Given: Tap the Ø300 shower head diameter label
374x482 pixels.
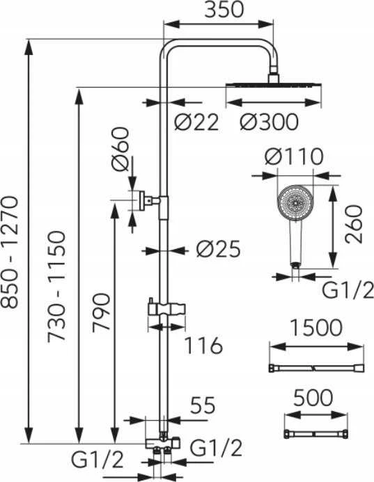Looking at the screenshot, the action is [269, 122].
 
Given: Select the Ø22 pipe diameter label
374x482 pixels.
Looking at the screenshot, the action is [196, 122].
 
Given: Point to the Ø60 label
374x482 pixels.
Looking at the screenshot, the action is [120, 149].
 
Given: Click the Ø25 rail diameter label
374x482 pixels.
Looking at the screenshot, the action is [218, 249].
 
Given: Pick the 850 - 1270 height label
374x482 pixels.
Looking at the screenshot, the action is [10, 252].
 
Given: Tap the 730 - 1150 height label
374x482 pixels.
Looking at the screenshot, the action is [56, 286].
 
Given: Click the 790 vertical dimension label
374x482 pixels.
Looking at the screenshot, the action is [101, 312].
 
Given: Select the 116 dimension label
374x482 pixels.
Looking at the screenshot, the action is [203, 345].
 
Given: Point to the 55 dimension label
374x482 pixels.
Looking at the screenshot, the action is [203, 405].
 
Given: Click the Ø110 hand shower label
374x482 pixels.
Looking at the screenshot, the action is [294, 156].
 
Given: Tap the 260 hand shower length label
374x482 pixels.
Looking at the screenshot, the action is [354, 225].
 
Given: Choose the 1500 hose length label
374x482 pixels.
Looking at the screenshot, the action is [316, 328].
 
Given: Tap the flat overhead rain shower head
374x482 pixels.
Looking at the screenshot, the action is [274, 85].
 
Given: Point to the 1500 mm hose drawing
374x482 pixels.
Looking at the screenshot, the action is [317, 368].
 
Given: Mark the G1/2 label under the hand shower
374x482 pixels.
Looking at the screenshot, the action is [348, 290].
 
